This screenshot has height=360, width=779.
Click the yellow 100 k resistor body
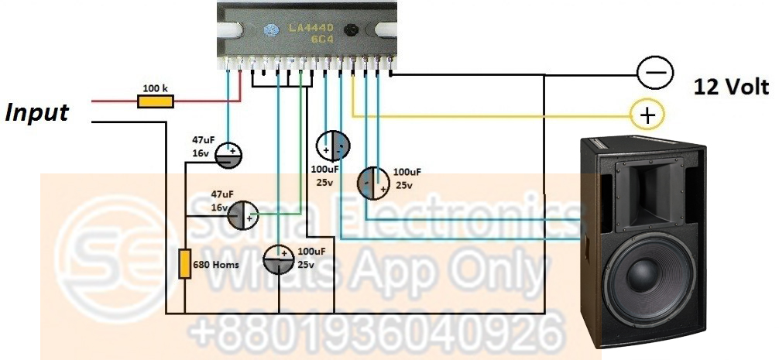(x=156, y=101)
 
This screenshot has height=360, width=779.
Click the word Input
(x=37, y=113)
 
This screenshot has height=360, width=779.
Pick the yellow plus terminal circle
(x=647, y=116)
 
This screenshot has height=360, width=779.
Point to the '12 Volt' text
(x=731, y=86)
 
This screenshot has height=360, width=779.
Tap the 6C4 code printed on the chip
(x=313, y=39)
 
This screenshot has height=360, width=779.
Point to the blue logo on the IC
(x=270, y=31)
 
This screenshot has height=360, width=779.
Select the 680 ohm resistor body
(x=185, y=263)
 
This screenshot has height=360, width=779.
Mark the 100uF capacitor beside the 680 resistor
(x=278, y=258)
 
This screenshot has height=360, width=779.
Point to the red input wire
(x=116, y=101)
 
